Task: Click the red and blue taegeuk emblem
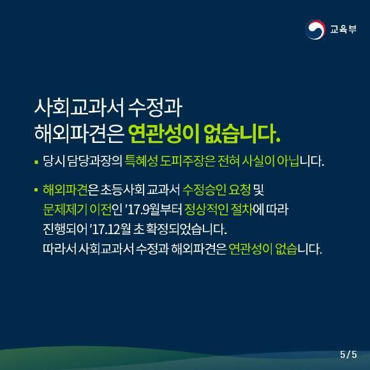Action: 315,29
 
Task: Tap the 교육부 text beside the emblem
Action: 343,29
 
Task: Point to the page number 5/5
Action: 348,355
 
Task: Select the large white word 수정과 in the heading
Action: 155,108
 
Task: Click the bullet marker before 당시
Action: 36,162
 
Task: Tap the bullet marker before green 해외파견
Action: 36,189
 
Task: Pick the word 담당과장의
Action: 94,161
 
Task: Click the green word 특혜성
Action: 141,161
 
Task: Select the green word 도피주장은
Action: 188,161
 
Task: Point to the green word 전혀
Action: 228,161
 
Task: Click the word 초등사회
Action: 122,189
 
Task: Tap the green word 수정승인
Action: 204,189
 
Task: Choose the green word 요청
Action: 240,189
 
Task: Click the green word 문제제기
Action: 64,209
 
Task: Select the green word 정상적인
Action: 207,209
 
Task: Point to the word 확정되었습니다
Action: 187,229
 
